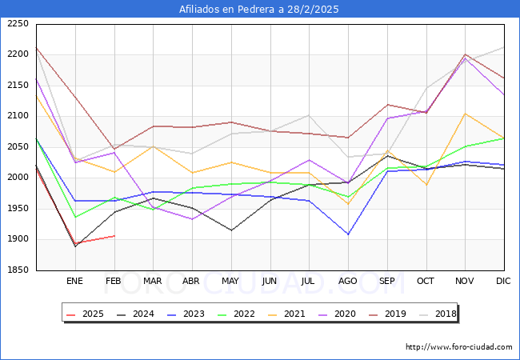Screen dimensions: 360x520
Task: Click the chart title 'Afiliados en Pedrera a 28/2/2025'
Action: pos(260,10)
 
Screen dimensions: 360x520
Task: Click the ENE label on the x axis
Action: pos(74,282)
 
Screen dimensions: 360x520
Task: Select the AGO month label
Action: pos(348,282)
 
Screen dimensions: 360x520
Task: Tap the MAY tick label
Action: pos(230,282)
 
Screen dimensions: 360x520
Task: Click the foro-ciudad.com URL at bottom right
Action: pos(458,347)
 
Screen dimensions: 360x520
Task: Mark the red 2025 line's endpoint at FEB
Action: pos(114,236)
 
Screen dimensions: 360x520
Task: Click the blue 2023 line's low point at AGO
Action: pos(348,234)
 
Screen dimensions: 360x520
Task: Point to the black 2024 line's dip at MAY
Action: pos(230,230)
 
